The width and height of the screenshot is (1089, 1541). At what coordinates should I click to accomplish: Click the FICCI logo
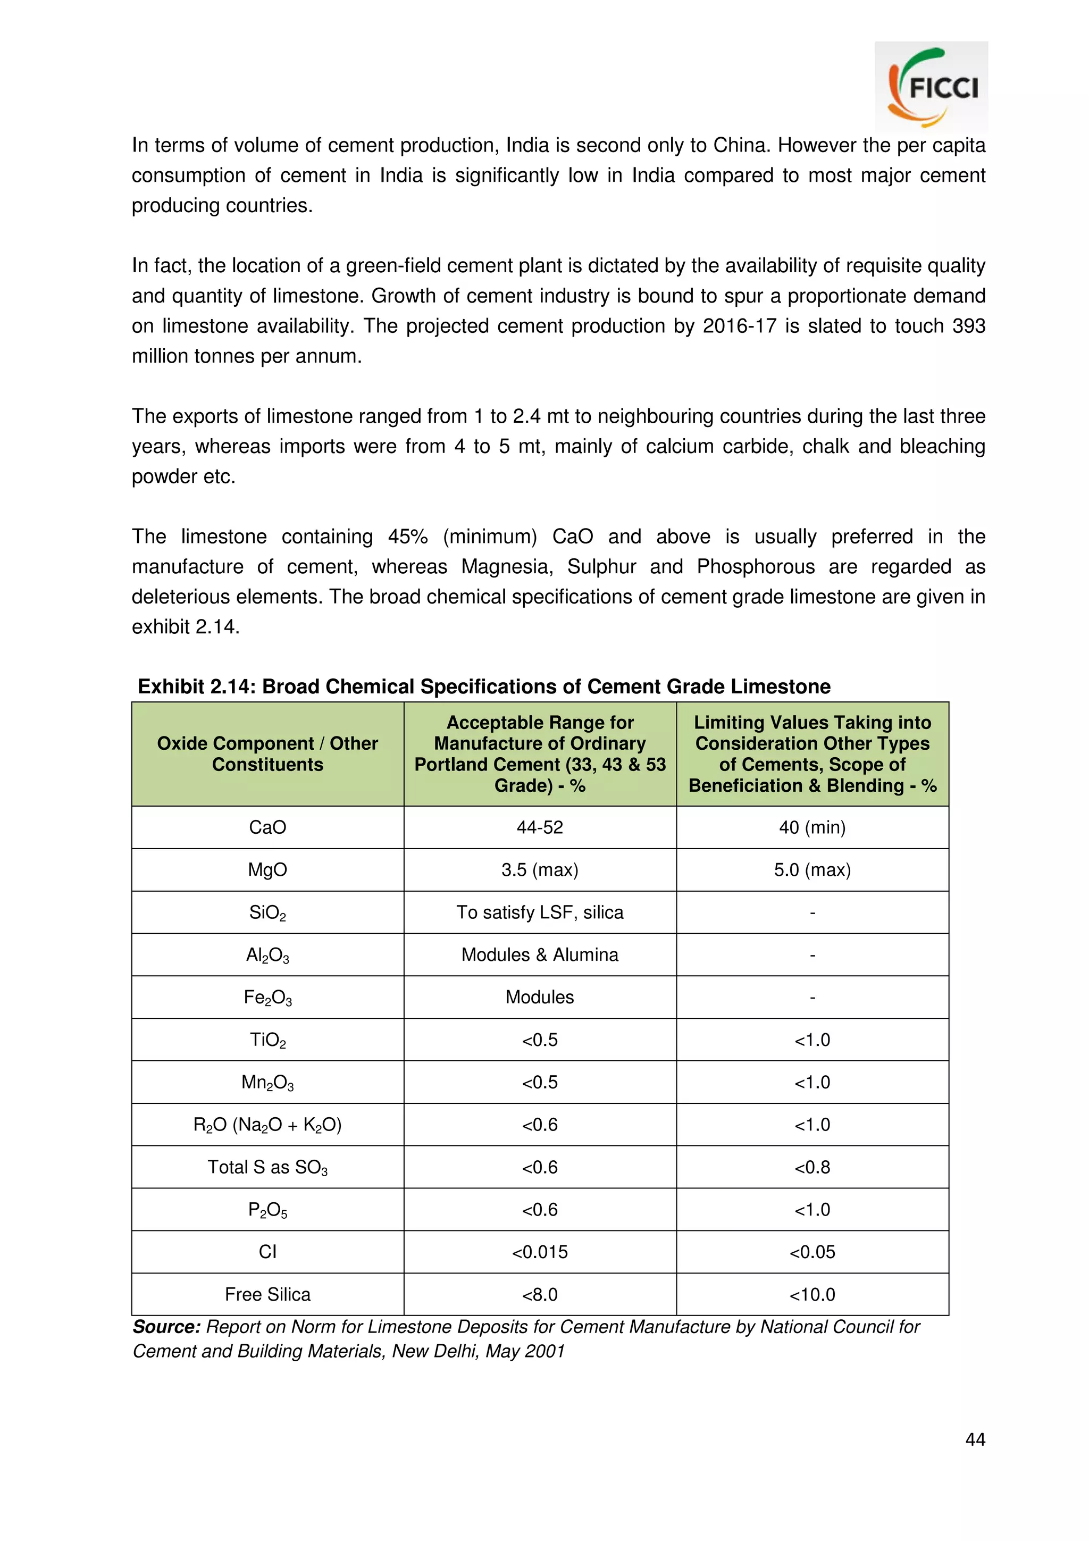931,87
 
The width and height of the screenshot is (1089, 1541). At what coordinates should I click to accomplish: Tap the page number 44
974,1439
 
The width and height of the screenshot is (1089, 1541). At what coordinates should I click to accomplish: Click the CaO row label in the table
267,827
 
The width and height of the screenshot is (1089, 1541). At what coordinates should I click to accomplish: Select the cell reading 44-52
540,827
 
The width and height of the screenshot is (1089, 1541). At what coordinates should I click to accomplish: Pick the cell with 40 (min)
812,827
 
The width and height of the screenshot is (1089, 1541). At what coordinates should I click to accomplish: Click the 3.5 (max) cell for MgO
540,870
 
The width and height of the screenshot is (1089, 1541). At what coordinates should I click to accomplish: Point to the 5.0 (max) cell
812,870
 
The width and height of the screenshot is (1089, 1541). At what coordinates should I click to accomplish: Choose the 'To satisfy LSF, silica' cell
540,912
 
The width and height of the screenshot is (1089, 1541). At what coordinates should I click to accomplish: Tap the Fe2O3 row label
267,998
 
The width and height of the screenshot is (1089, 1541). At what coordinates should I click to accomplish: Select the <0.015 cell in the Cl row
540,1252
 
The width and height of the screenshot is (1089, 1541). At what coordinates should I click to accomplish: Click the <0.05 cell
812,1252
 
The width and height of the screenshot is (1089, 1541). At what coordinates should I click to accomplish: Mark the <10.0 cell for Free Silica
812,1294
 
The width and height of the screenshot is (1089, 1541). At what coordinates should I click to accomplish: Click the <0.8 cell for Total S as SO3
812,1167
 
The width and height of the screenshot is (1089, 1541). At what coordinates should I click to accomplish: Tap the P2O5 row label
267,1209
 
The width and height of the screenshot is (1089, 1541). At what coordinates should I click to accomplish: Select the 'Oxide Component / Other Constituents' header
267,753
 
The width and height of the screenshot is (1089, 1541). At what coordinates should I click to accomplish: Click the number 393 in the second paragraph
968,326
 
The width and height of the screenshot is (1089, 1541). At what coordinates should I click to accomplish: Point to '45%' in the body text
407,537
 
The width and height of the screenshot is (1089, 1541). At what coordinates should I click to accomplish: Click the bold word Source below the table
166,1327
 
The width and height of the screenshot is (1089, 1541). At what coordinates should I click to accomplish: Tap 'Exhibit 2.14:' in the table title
196,686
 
